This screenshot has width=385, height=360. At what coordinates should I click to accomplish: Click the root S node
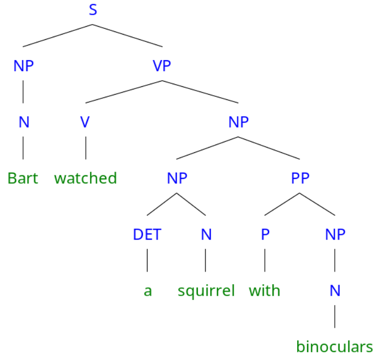[93, 9]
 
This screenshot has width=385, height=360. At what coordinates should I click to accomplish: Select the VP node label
[162, 66]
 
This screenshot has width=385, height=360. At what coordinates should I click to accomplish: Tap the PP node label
[300, 178]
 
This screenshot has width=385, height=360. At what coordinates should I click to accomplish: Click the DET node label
[147, 235]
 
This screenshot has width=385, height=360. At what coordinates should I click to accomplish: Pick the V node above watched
[85, 122]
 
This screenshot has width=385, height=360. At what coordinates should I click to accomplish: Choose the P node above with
[265, 235]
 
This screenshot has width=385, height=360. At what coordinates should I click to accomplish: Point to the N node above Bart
[24, 122]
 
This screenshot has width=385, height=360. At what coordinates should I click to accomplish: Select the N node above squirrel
[206, 235]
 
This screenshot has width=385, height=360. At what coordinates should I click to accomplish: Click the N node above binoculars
[335, 291]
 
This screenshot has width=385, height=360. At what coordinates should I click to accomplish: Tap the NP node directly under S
[24, 66]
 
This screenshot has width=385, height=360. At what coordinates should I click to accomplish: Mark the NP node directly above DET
[177, 178]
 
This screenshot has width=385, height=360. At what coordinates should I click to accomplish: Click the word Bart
[23, 178]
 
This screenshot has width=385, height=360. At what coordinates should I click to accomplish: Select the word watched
[85, 178]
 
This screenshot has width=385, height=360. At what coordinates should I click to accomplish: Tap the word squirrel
[206, 291]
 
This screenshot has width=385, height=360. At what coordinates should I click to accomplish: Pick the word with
[265, 291]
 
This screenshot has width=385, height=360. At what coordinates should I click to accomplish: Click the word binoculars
[335, 347]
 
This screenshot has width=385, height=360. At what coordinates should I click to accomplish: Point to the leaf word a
[148, 291]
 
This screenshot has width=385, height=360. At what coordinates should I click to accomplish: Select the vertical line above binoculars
[335, 319]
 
